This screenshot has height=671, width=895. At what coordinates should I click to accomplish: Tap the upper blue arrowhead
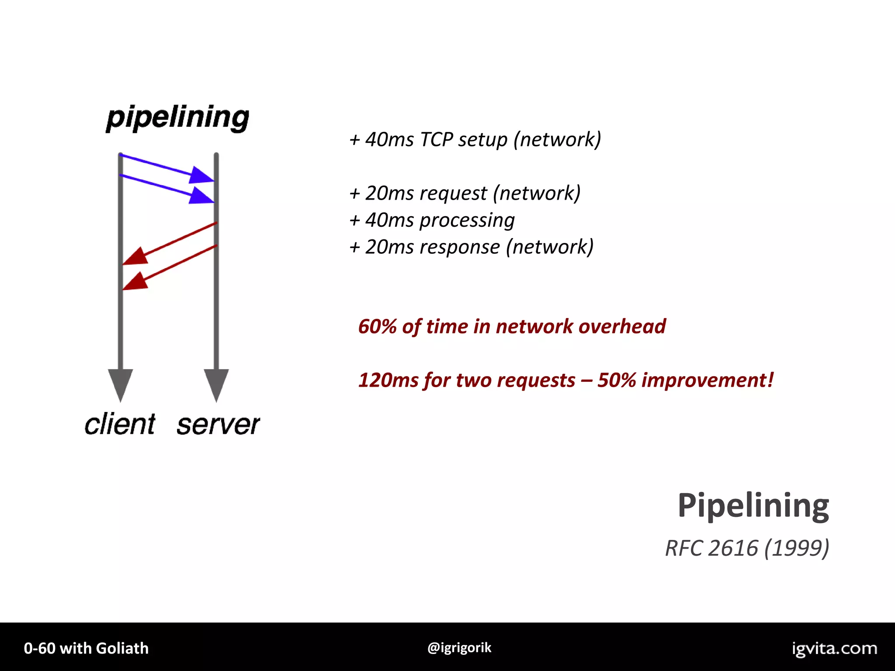(201, 175)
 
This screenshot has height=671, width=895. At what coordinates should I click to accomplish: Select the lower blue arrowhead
(201, 196)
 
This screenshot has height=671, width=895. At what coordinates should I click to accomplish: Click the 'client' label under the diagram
(120, 424)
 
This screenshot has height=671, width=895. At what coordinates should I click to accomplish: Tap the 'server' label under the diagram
(218, 424)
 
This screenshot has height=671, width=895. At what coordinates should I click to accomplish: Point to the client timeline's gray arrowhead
(120, 383)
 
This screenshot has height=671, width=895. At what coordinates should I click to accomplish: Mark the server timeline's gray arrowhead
(216, 383)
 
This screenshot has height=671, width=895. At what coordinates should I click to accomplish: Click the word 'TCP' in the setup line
(436, 140)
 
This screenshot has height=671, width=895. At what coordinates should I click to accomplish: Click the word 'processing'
(467, 221)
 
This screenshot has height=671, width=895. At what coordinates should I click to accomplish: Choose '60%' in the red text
(377, 327)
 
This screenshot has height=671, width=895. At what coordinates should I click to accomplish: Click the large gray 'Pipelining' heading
(753, 506)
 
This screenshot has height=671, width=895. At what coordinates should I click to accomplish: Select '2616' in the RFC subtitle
(733, 548)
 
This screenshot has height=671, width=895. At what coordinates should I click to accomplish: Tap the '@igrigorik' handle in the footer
(459, 647)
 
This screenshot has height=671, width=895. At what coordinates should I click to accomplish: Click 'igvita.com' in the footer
(834, 648)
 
